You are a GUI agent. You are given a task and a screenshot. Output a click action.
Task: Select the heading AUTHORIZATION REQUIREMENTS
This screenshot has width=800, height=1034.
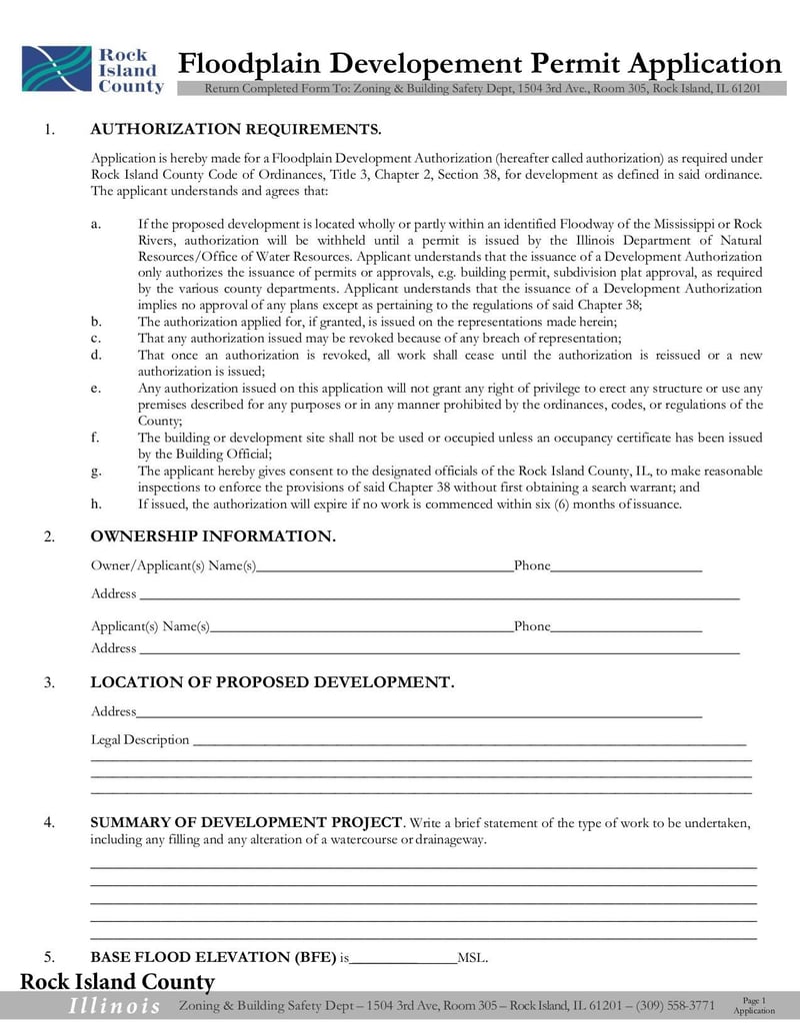[236, 130]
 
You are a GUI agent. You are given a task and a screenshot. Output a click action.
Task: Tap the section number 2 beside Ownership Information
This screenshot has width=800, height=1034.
[49, 537]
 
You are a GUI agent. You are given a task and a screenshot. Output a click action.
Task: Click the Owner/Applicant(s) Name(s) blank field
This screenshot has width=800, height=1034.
[384, 566]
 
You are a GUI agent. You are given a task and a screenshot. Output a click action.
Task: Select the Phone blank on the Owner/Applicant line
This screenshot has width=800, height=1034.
[626, 566]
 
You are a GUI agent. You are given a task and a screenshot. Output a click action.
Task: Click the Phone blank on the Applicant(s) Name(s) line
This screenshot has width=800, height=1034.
[626, 626]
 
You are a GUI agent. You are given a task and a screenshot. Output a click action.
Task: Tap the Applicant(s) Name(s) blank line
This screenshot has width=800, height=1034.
[361, 626]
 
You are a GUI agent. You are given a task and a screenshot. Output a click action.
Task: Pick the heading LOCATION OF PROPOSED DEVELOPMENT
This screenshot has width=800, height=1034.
[272, 682]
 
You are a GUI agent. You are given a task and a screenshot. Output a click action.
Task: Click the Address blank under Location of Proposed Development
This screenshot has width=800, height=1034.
[418, 712]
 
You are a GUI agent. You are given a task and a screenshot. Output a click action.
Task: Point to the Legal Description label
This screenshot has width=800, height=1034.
[140, 740]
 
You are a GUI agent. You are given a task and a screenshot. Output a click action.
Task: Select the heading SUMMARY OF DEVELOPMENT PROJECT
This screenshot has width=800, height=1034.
[246, 823]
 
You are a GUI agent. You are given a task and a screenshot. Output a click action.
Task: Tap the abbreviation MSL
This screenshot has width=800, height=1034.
[471, 959]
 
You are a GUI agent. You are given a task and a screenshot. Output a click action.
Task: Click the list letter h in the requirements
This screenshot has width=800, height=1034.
[95, 504]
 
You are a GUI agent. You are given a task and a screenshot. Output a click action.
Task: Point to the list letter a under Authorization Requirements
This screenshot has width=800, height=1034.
[95, 224]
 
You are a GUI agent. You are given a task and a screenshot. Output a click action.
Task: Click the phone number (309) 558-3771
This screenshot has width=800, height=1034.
[675, 1005]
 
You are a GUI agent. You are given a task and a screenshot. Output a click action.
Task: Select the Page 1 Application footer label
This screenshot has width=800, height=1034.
[754, 1005]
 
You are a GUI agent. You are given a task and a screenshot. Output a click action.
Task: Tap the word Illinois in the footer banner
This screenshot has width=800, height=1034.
[114, 1006]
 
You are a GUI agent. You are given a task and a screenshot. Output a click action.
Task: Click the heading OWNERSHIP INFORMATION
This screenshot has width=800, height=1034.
[213, 537]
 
